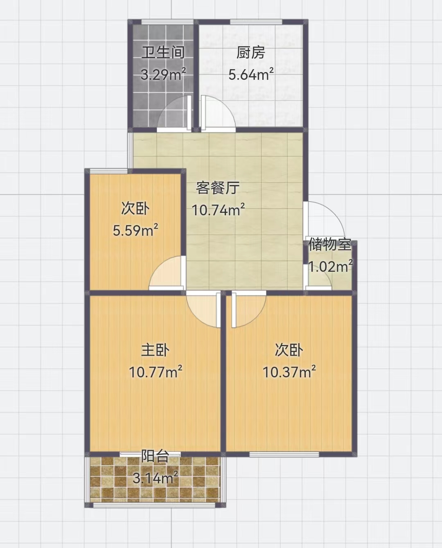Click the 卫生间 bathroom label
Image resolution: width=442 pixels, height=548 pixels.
[163, 53]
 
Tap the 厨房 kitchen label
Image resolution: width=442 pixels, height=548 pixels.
[251, 53]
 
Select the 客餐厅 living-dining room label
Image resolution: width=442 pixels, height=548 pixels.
[218, 188]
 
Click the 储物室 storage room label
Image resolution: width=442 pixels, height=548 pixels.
[330, 244]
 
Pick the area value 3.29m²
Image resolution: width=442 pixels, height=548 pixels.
[163, 75]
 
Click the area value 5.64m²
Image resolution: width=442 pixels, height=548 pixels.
[251, 75]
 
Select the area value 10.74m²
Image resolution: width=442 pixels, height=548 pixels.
[218, 210]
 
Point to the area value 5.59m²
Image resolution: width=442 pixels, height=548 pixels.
[135, 231]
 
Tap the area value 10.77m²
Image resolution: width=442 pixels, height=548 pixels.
[156, 372]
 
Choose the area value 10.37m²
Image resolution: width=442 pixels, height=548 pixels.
[289, 372]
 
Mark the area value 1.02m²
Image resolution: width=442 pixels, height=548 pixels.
[331, 266]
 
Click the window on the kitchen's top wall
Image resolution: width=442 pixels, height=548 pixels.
[256, 23]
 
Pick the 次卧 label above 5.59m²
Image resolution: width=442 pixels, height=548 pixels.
[135, 208]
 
